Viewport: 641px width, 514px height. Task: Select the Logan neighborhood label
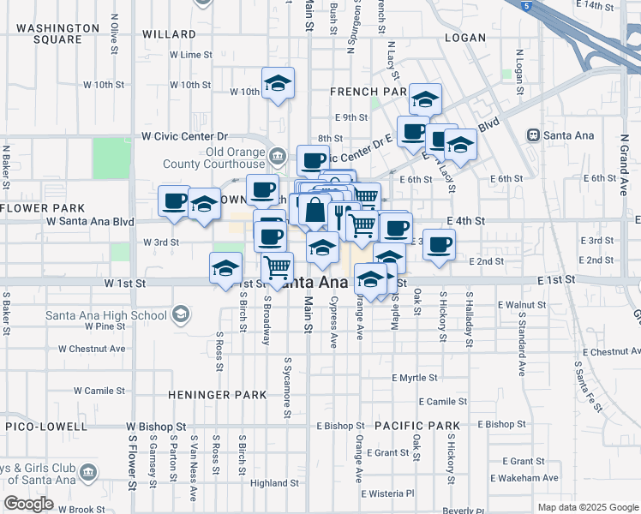point(466,38)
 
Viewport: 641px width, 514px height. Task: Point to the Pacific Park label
point(417,425)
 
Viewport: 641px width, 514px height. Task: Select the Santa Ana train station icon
point(534,134)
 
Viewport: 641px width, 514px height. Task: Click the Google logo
point(28,504)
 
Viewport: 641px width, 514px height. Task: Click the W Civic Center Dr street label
point(184,135)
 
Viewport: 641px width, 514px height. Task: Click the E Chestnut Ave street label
point(610,351)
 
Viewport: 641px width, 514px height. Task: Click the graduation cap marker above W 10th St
point(277,84)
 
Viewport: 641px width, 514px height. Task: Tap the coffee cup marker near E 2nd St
point(440,245)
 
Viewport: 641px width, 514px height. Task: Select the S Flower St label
point(133,463)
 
